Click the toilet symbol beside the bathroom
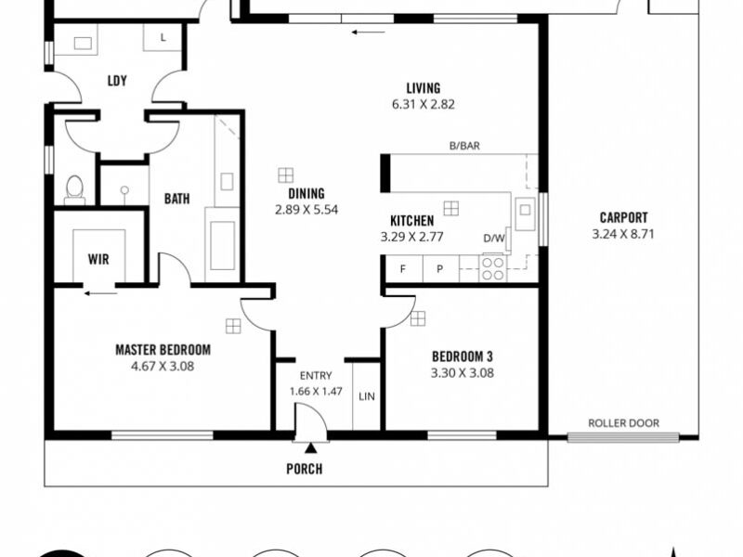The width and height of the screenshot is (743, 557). click(74, 189)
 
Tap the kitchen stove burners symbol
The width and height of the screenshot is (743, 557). click(493, 268)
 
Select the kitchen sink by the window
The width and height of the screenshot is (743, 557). click(525, 214)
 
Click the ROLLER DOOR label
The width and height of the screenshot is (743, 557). click(623, 423)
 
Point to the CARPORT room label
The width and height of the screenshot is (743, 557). click(623, 217)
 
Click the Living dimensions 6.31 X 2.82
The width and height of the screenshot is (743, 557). click(424, 105)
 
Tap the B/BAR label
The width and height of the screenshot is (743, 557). click(464, 146)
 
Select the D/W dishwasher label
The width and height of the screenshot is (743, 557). click(494, 239)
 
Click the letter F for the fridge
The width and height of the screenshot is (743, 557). click(403, 269)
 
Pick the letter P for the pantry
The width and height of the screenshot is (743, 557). click(439, 269)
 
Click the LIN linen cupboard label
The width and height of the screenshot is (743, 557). click(367, 396)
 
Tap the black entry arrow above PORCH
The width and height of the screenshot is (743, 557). click(310, 447)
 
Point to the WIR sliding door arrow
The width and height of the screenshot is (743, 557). click(100, 293)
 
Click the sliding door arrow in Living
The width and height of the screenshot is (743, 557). click(368, 32)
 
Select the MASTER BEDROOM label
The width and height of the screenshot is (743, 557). click(163, 350)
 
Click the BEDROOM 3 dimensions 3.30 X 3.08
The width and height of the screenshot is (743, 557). click(462, 373)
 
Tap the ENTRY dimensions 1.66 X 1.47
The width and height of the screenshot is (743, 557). click(316, 392)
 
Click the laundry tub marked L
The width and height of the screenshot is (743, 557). click(163, 37)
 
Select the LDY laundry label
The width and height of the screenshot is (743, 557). click(117, 81)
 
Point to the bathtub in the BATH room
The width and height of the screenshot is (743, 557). click(222, 245)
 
